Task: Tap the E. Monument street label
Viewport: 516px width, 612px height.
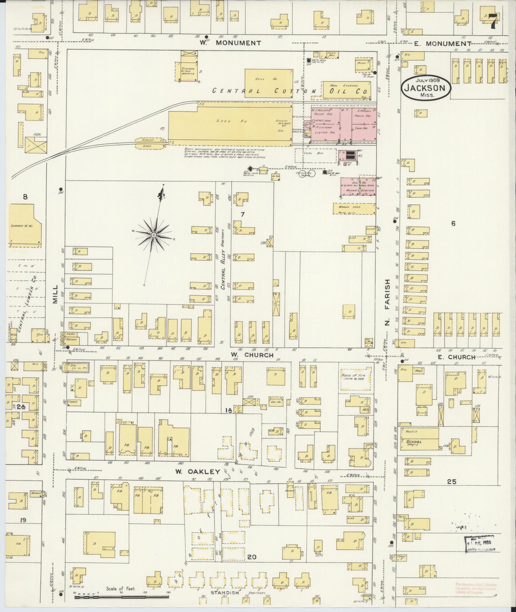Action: coord(442,44)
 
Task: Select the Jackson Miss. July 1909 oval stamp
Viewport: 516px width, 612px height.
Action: coord(427,87)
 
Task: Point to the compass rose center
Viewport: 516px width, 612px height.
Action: coord(154,235)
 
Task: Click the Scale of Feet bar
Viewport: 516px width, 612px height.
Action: coord(122,597)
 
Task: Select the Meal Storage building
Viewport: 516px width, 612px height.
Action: coord(346,90)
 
